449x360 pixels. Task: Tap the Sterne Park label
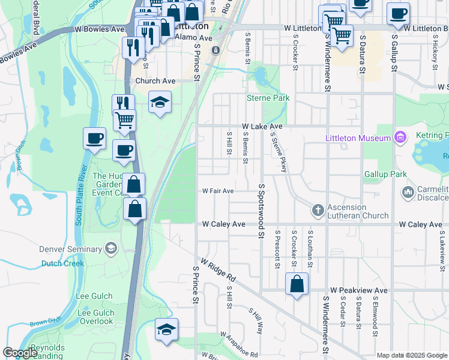268,98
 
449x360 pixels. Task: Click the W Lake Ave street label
262,127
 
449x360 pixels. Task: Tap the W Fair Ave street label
217,191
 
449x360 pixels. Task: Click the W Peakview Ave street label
358,290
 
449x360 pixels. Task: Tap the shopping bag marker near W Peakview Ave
297,284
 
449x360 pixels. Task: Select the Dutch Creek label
61,263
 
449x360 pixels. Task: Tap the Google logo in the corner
20,353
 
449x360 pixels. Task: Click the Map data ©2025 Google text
412,355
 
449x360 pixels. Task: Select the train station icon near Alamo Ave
215,50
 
